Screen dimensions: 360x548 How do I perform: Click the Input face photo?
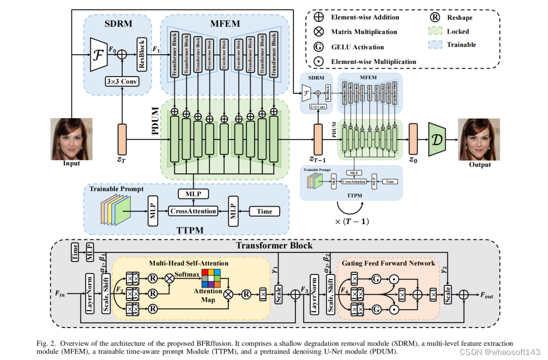pos(72,138)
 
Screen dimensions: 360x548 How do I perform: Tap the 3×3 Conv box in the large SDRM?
pos(122,82)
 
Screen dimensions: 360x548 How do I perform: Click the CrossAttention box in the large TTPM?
pos(193,211)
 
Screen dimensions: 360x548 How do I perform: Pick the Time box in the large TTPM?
pos(264,211)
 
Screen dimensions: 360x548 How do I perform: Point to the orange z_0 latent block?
pos(413,137)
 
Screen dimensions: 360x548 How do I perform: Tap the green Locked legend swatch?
pos(434,31)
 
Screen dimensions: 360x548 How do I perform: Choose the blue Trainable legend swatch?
pos(434,45)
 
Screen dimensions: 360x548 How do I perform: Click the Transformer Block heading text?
pos(274,246)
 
